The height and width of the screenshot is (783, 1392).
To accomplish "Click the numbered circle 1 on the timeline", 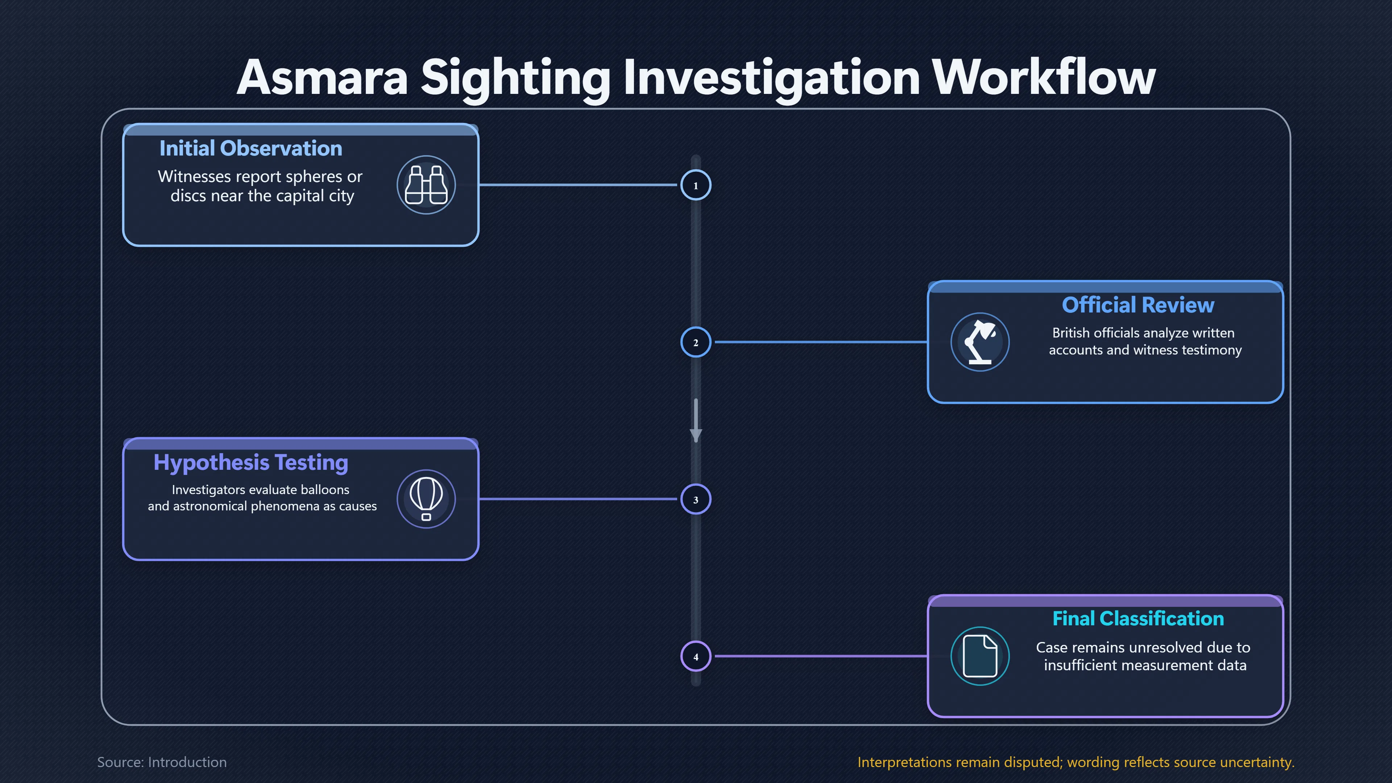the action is [696, 185].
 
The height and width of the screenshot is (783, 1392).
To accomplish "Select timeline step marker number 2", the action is [696, 342].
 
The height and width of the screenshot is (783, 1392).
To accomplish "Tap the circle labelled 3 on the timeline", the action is [696, 499].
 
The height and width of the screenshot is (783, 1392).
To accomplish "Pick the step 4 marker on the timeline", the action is [696, 656].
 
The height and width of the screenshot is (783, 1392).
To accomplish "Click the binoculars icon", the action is [426, 185].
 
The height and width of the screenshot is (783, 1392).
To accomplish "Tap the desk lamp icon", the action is [980, 342].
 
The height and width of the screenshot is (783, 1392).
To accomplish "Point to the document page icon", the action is [980, 656].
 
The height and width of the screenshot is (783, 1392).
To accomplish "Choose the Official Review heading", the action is [1138, 305].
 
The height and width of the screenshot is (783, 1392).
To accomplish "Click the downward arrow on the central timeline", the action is [696, 420].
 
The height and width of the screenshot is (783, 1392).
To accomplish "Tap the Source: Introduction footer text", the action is [162, 762].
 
